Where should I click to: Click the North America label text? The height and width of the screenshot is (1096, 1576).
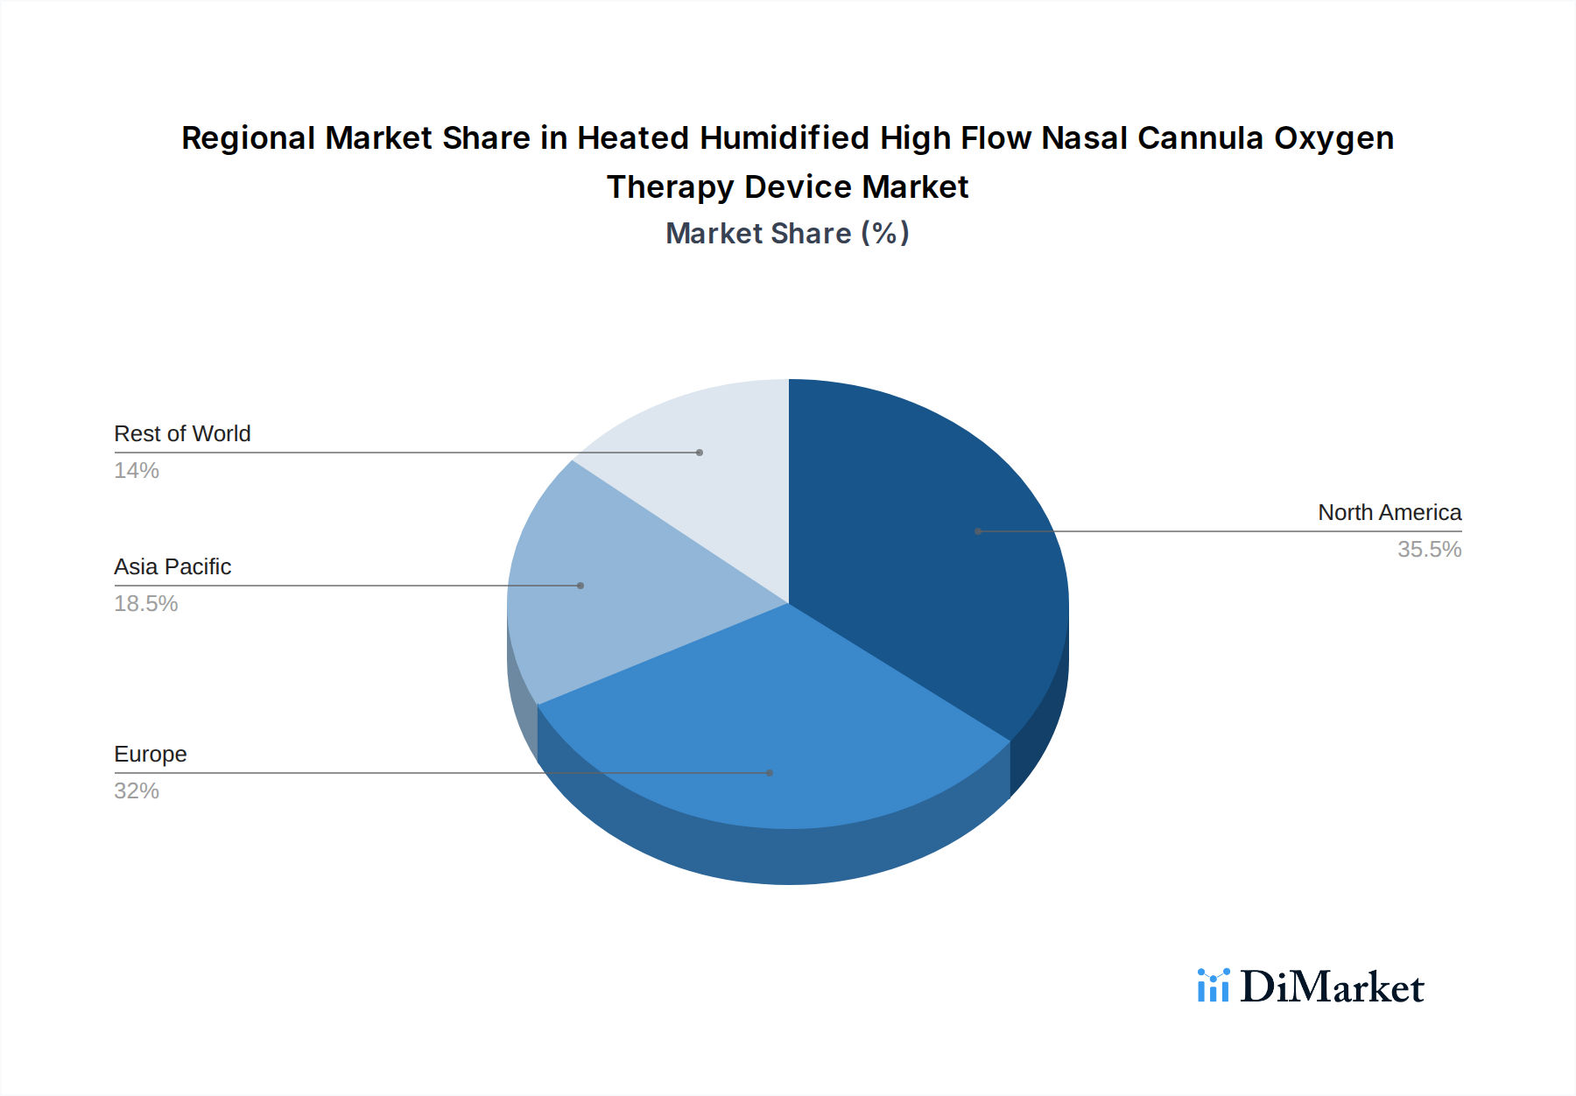pos(1390,512)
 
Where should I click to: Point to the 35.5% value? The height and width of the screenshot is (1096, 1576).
pos(1429,550)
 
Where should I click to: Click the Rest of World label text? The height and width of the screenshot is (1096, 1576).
pos(182,434)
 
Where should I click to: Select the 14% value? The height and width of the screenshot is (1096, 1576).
pos(137,471)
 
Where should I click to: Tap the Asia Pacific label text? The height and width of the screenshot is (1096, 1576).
pos(172,567)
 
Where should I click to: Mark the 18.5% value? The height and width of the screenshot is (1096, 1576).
pos(146,604)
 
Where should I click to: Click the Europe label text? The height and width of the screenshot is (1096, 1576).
pos(151,755)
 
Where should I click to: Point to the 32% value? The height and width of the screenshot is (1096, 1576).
pos(137,791)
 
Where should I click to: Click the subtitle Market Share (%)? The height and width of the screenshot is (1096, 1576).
pos(787,234)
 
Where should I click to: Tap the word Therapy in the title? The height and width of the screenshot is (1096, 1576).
pos(670,187)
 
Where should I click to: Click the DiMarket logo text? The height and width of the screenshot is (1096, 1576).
pos(1332,987)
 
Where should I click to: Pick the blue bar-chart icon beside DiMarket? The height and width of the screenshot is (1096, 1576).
pos(1214,986)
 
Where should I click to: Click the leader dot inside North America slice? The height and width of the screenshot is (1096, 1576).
pos(978,531)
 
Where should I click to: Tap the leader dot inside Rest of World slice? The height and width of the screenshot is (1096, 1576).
pos(700,453)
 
